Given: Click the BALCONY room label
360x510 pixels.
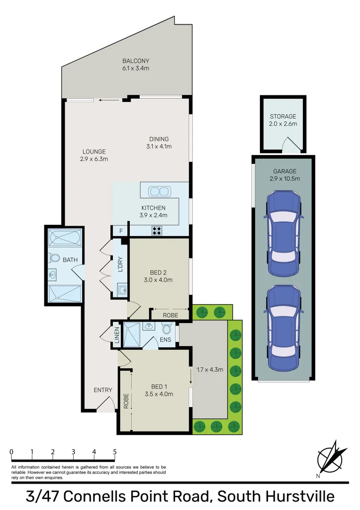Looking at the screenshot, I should [x=136, y=61].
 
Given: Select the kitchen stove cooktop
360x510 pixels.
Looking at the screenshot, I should [x=156, y=231].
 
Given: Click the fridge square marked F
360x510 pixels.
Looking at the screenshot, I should [x=121, y=231].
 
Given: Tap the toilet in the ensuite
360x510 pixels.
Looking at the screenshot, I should [x=166, y=329].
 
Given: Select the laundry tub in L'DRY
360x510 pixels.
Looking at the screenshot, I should [x=121, y=289].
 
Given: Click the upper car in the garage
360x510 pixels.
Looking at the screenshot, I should [x=283, y=233].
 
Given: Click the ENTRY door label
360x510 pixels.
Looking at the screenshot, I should [x=103, y=390].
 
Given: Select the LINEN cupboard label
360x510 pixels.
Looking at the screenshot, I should [x=117, y=335].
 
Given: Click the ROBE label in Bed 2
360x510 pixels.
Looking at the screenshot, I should [x=170, y=315].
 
